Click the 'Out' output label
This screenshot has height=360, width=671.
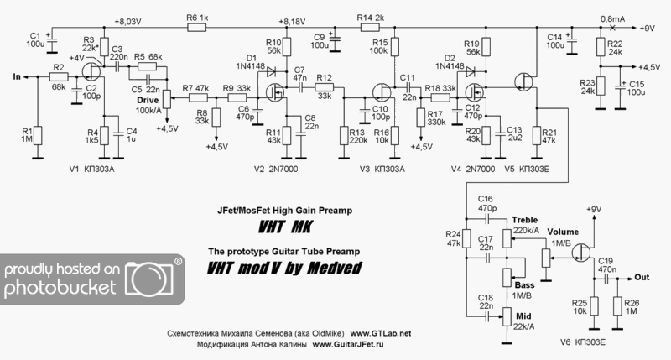[x=642, y=276]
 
